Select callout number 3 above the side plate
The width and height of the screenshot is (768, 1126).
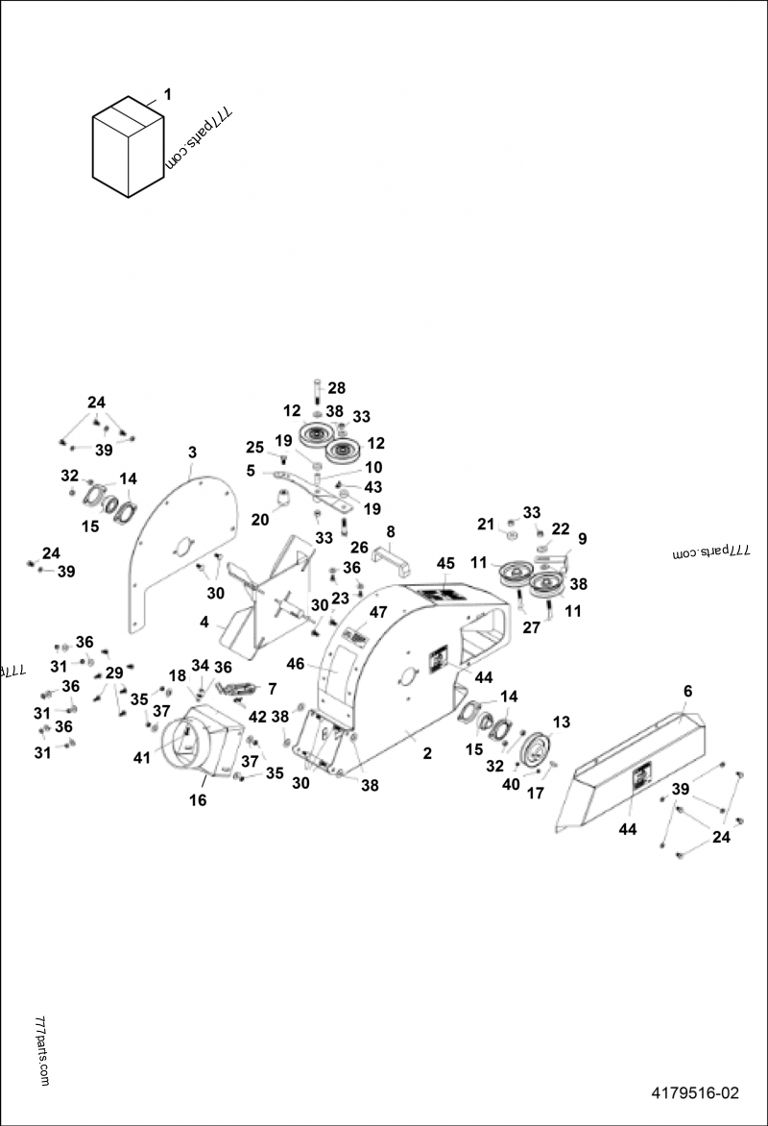click(x=192, y=452)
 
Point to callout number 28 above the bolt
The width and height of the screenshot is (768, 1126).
click(x=336, y=387)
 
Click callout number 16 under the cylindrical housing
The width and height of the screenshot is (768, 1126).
click(x=198, y=799)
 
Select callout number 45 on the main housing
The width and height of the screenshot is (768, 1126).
click(x=445, y=562)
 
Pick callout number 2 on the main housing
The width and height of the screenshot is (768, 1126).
click(x=427, y=755)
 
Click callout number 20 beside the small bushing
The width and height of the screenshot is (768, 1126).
click(x=259, y=520)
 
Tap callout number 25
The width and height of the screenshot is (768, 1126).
click(x=254, y=448)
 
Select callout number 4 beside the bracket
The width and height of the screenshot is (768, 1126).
click(x=204, y=622)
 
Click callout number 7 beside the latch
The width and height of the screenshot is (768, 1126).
click(x=272, y=689)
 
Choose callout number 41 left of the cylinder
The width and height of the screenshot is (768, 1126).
click(x=142, y=758)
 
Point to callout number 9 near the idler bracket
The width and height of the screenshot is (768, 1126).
click(x=582, y=538)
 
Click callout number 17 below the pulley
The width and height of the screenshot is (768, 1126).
click(x=536, y=795)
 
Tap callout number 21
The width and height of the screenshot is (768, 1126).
click(x=486, y=524)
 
